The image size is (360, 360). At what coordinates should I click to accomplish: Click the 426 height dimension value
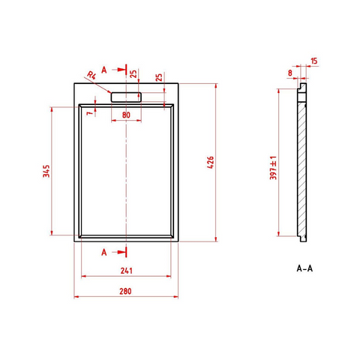[211, 162]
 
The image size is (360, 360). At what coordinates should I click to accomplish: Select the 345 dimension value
[46, 171]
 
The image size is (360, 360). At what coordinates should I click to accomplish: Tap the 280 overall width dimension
[125, 291]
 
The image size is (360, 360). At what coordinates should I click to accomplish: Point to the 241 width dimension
[126, 271]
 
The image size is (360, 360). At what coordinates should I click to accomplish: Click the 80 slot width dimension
[126, 115]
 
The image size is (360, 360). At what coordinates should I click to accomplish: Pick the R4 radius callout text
[91, 75]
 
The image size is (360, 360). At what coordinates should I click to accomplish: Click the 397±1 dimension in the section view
[273, 168]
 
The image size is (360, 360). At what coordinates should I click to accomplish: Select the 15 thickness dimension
[314, 61]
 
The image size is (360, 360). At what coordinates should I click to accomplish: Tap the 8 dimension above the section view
[290, 73]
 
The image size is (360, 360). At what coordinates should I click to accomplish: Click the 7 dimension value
[89, 113]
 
